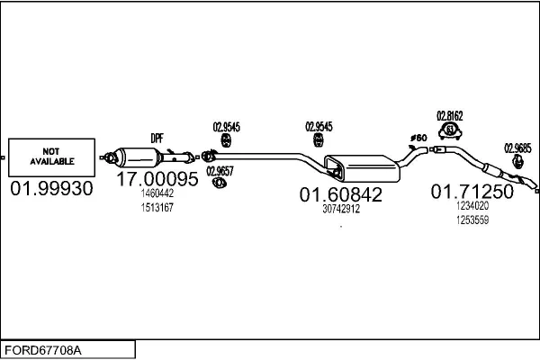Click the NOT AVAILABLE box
pos(51,157)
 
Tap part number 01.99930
pos(51,188)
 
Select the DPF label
pos(157,139)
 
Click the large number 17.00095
pos(157,179)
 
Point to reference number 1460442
pos(157,193)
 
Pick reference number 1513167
pos(157,208)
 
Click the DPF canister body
pos(137,157)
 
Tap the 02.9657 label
pos(220,171)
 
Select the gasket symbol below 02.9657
pos(219,183)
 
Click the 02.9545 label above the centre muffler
pos(319,127)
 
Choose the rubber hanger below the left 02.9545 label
pos(226,140)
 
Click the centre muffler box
pos(363,168)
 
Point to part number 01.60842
pos(341,194)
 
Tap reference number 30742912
pos(341,209)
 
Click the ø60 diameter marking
pos(418,138)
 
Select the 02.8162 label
pos(450,116)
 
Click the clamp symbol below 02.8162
pos(450,130)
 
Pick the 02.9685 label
pos(518,148)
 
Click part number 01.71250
pos(472,191)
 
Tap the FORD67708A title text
pos(43,350)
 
